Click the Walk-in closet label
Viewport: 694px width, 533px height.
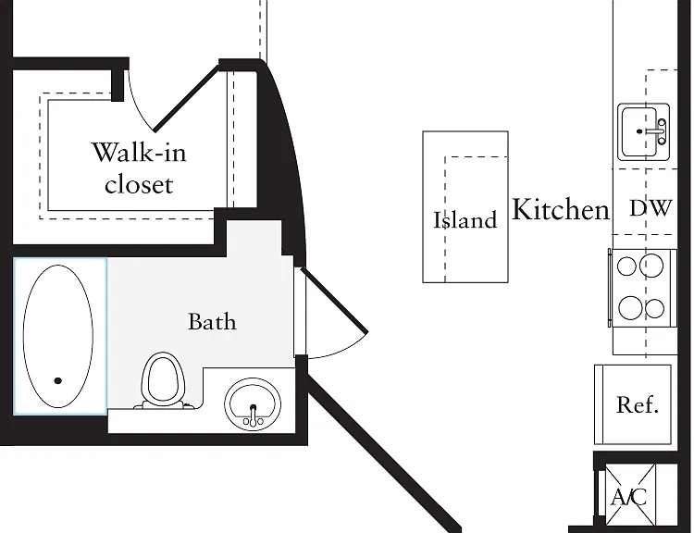click(139, 167)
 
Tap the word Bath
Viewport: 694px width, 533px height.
click(212, 322)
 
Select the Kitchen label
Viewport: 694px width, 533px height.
click(561, 209)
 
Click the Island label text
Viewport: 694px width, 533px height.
click(465, 220)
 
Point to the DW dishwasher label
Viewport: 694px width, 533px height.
click(651, 208)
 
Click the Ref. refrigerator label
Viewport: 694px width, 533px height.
click(638, 404)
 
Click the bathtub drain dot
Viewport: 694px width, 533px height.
click(57, 380)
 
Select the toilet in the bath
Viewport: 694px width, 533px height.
click(162, 380)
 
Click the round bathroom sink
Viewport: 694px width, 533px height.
click(253, 404)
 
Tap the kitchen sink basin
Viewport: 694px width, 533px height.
click(639, 131)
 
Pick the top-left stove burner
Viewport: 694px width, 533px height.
click(626, 266)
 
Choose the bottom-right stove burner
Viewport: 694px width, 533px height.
click(654, 308)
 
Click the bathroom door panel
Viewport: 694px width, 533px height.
click(334, 300)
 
